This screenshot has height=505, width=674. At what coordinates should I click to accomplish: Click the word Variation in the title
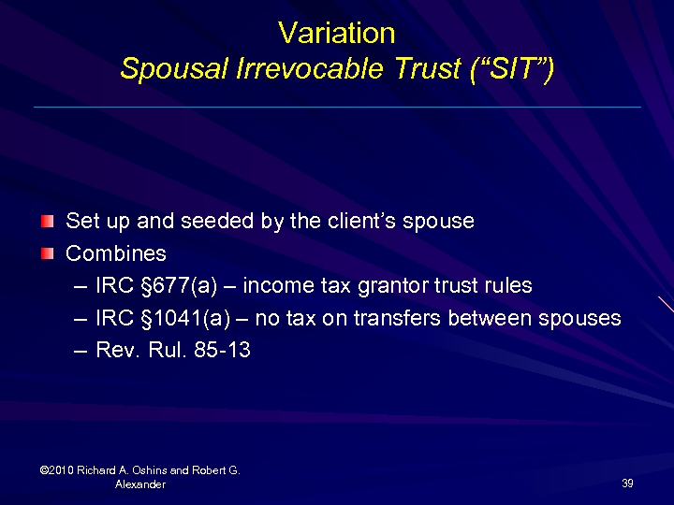coord(337,34)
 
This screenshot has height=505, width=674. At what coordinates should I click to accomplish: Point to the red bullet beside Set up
coord(47,222)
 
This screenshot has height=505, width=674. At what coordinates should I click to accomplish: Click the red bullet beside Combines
coord(47,253)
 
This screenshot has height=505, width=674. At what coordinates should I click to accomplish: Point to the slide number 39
coord(627,483)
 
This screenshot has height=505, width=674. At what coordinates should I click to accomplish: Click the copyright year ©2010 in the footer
coord(58,470)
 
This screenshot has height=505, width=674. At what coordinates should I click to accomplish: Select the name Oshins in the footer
coord(154,470)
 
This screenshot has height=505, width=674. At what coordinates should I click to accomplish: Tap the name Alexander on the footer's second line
coord(140,484)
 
